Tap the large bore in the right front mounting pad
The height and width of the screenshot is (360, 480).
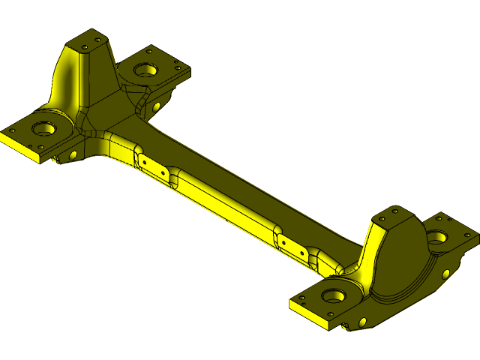(x=335, y=295)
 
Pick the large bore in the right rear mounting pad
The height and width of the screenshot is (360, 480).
(x=436, y=238)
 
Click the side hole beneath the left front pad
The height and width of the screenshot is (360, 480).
(x=73, y=155)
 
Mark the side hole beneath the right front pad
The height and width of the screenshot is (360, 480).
(x=363, y=321)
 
